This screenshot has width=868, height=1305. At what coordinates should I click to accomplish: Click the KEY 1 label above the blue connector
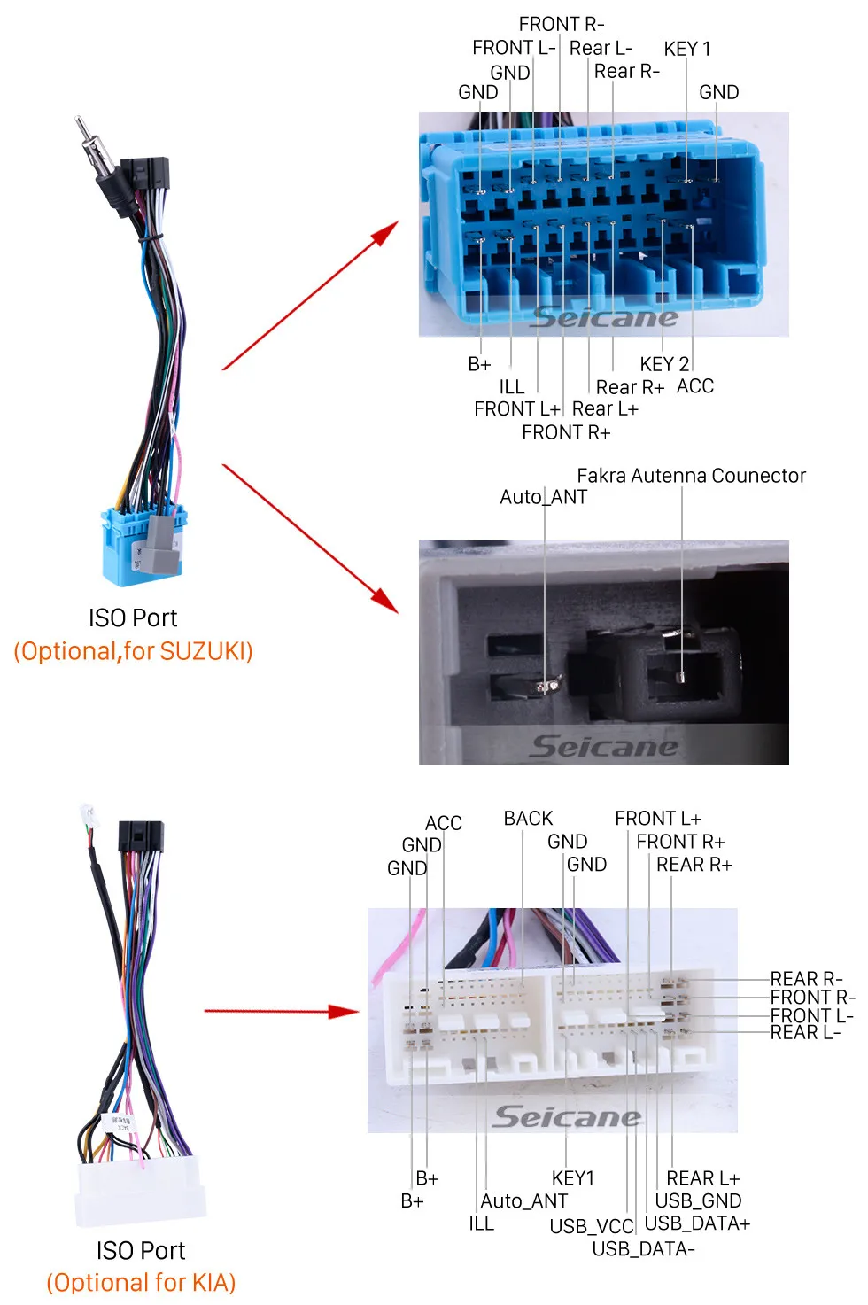point(687,49)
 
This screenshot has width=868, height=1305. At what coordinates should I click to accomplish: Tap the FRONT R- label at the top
point(562,24)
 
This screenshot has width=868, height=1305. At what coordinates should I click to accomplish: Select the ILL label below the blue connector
point(511,387)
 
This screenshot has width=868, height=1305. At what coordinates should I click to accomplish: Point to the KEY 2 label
point(664,364)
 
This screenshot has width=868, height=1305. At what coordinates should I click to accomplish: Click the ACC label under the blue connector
point(695,386)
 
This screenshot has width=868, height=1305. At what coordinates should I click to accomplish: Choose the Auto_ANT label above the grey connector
point(543,497)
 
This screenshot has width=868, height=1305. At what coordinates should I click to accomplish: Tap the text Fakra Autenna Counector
point(691,476)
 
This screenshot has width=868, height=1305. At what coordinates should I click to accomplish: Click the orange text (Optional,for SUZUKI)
point(133,651)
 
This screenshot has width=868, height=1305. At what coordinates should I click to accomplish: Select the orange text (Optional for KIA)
point(141,1282)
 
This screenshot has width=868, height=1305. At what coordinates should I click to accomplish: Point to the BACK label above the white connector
point(528,819)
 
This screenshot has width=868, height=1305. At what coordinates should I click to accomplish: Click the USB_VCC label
point(592,1226)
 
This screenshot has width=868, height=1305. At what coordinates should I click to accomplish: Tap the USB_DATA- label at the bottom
point(643,1249)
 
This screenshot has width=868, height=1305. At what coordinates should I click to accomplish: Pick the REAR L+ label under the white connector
point(702,1178)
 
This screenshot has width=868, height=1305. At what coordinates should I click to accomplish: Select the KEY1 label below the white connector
point(573,1178)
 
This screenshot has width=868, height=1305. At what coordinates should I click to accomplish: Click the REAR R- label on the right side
point(806,979)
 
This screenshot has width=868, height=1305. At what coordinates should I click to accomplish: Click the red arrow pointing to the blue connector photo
point(309,296)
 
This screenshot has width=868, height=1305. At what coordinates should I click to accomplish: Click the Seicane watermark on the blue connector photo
point(604,317)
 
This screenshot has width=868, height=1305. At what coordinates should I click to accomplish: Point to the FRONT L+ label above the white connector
point(657,819)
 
